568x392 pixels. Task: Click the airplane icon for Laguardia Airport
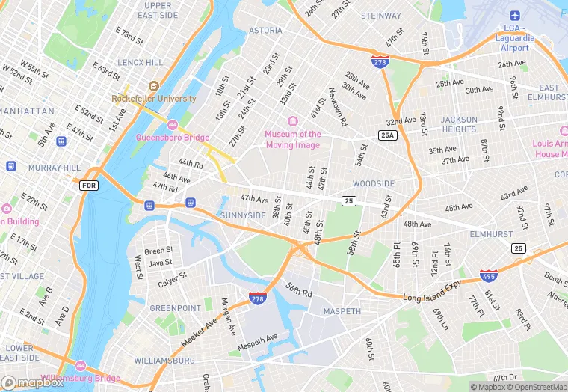pos(515,16)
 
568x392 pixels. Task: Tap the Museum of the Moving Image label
pos(293,139)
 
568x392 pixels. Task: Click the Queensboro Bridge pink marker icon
pos(173,124)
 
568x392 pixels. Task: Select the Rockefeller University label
pos(154,98)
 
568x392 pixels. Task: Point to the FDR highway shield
pos(89,184)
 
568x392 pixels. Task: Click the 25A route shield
pos(387,135)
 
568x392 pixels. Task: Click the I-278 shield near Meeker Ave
pos(258,298)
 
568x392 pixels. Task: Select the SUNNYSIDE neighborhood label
pos(243,215)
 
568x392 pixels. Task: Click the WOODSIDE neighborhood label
pos(373,184)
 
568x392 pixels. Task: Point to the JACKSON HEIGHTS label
pos(459,124)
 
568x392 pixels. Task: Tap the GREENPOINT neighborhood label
pos(175,308)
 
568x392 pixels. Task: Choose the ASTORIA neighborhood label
pos(265,31)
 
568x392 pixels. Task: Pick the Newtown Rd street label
pos(338,107)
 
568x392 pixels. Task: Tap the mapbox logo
pos(31,382)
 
